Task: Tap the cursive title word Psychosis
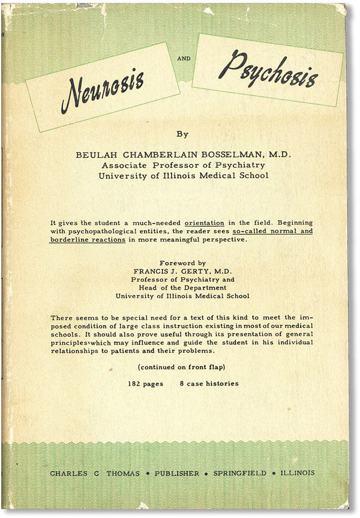[x=267, y=69]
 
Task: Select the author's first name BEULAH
[x=94, y=154]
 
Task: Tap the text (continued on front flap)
[x=182, y=367]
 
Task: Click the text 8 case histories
[x=208, y=383]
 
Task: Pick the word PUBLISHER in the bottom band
[x=178, y=473]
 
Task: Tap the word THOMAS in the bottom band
[x=124, y=473]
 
